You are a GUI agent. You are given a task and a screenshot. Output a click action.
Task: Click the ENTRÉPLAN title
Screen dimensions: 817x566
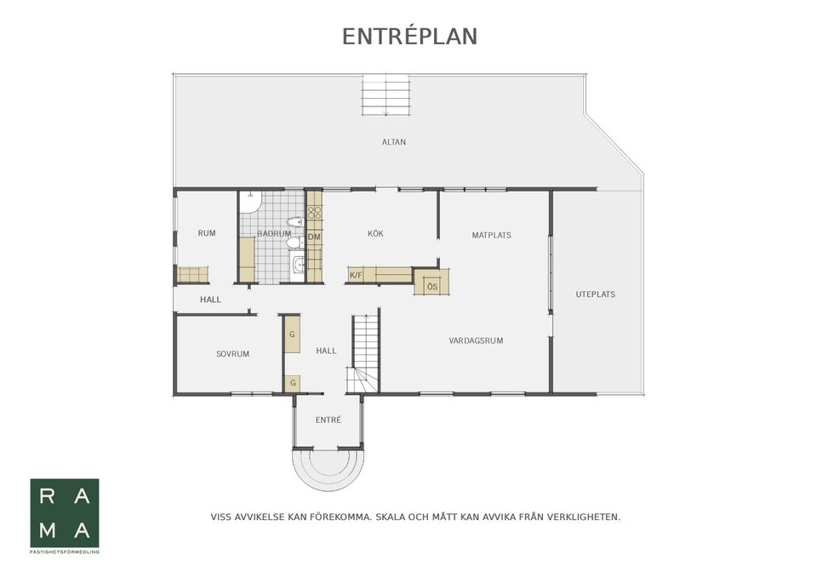pos(409,37)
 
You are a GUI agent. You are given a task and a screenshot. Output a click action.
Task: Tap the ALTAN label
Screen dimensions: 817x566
pos(394,142)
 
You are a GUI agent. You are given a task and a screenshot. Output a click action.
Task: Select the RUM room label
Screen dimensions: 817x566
pos(207,233)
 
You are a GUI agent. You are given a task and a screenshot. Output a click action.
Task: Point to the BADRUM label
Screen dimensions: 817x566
pos(274,233)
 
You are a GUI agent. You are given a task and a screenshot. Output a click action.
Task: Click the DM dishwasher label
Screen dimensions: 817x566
pos(314,237)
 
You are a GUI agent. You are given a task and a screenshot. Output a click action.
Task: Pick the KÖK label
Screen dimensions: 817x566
pos(375,233)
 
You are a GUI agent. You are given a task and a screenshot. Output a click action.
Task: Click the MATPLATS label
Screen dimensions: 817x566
pos(491,235)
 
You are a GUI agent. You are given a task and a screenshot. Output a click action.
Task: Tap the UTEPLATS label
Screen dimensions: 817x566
pos(596,294)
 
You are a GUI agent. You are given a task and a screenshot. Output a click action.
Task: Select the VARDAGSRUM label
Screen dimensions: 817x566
pos(477,340)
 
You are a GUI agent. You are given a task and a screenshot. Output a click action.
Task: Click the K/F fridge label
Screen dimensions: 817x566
pos(356,275)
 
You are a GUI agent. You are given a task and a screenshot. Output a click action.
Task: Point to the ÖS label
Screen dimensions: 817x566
pos(432,287)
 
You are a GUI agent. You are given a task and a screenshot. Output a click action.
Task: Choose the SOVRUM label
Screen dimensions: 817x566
pos(233,354)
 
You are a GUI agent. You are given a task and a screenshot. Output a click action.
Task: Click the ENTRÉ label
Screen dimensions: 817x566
pos(329,420)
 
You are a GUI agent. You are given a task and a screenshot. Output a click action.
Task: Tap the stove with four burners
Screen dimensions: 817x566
pos(314,212)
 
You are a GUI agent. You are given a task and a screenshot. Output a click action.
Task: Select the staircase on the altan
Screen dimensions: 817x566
pos(386,94)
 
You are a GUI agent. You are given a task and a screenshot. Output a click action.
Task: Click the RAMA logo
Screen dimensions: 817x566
pos(65,513)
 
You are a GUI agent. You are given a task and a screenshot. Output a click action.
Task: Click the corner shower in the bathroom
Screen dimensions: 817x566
pos(250,203)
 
